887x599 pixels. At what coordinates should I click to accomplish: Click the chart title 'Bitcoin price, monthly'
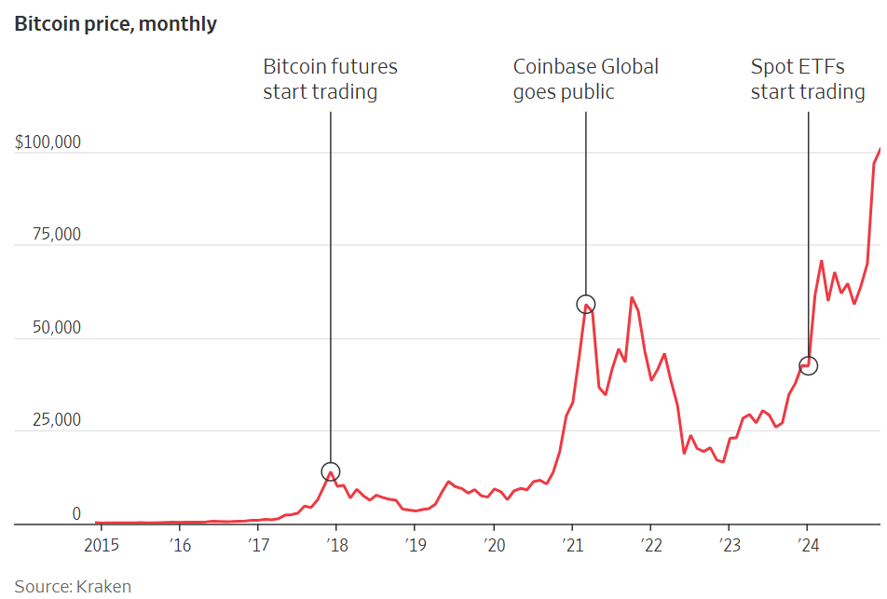click(x=115, y=24)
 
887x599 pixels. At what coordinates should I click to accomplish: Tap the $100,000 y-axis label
click(x=48, y=143)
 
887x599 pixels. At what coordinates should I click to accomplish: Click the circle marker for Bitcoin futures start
click(x=331, y=471)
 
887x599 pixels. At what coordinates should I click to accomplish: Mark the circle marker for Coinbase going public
click(x=586, y=304)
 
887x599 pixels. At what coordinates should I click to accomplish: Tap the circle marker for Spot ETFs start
click(x=809, y=366)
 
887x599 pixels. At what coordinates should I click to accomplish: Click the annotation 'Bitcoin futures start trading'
click(x=330, y=79)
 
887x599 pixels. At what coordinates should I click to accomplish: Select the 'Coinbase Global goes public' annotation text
click(x=585, y=79)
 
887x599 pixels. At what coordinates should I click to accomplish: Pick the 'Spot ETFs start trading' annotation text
click(x=808, y=79)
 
